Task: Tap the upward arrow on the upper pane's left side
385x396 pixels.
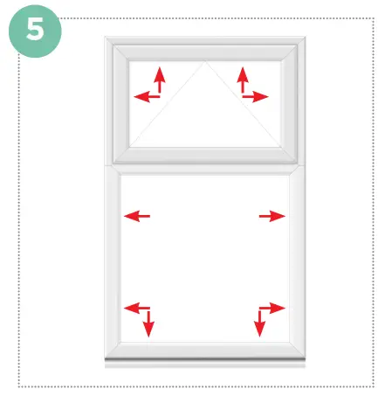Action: point(160,79)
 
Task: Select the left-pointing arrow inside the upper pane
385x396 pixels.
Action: point(144,96)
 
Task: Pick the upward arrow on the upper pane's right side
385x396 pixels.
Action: point(242,79)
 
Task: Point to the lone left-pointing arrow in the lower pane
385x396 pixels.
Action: point(137,216)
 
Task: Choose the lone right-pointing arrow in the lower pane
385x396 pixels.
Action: point(272,216)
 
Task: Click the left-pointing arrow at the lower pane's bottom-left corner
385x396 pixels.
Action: point(134,308)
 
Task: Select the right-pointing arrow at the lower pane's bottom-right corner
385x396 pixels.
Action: point(274,308)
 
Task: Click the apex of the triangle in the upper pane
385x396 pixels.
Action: point(206,62)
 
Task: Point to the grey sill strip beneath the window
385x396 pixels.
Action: point(205,361)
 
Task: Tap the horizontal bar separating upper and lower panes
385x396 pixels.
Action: point(205,166)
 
